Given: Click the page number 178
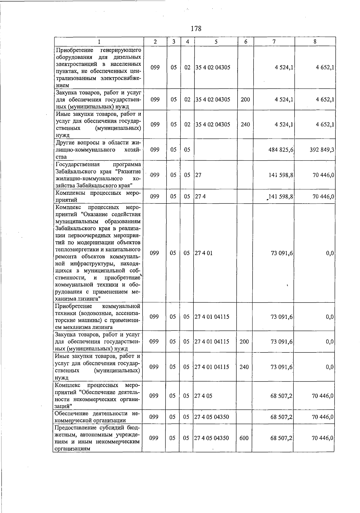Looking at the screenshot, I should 196,29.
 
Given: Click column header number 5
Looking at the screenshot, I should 216,42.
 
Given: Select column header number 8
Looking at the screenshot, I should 315,42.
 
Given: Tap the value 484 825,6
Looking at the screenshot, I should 281,149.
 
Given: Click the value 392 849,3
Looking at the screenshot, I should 322,149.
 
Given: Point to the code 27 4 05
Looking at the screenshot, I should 203,396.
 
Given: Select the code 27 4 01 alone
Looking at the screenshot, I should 203,253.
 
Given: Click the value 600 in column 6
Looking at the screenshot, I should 244,438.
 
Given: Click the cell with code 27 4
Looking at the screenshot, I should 200,197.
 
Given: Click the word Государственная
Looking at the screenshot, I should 77,164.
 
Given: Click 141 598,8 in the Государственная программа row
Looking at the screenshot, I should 281,175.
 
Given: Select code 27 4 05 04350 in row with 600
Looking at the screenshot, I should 211,438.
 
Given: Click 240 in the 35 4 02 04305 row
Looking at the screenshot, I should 245,124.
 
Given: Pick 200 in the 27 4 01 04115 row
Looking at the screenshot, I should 244,341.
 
